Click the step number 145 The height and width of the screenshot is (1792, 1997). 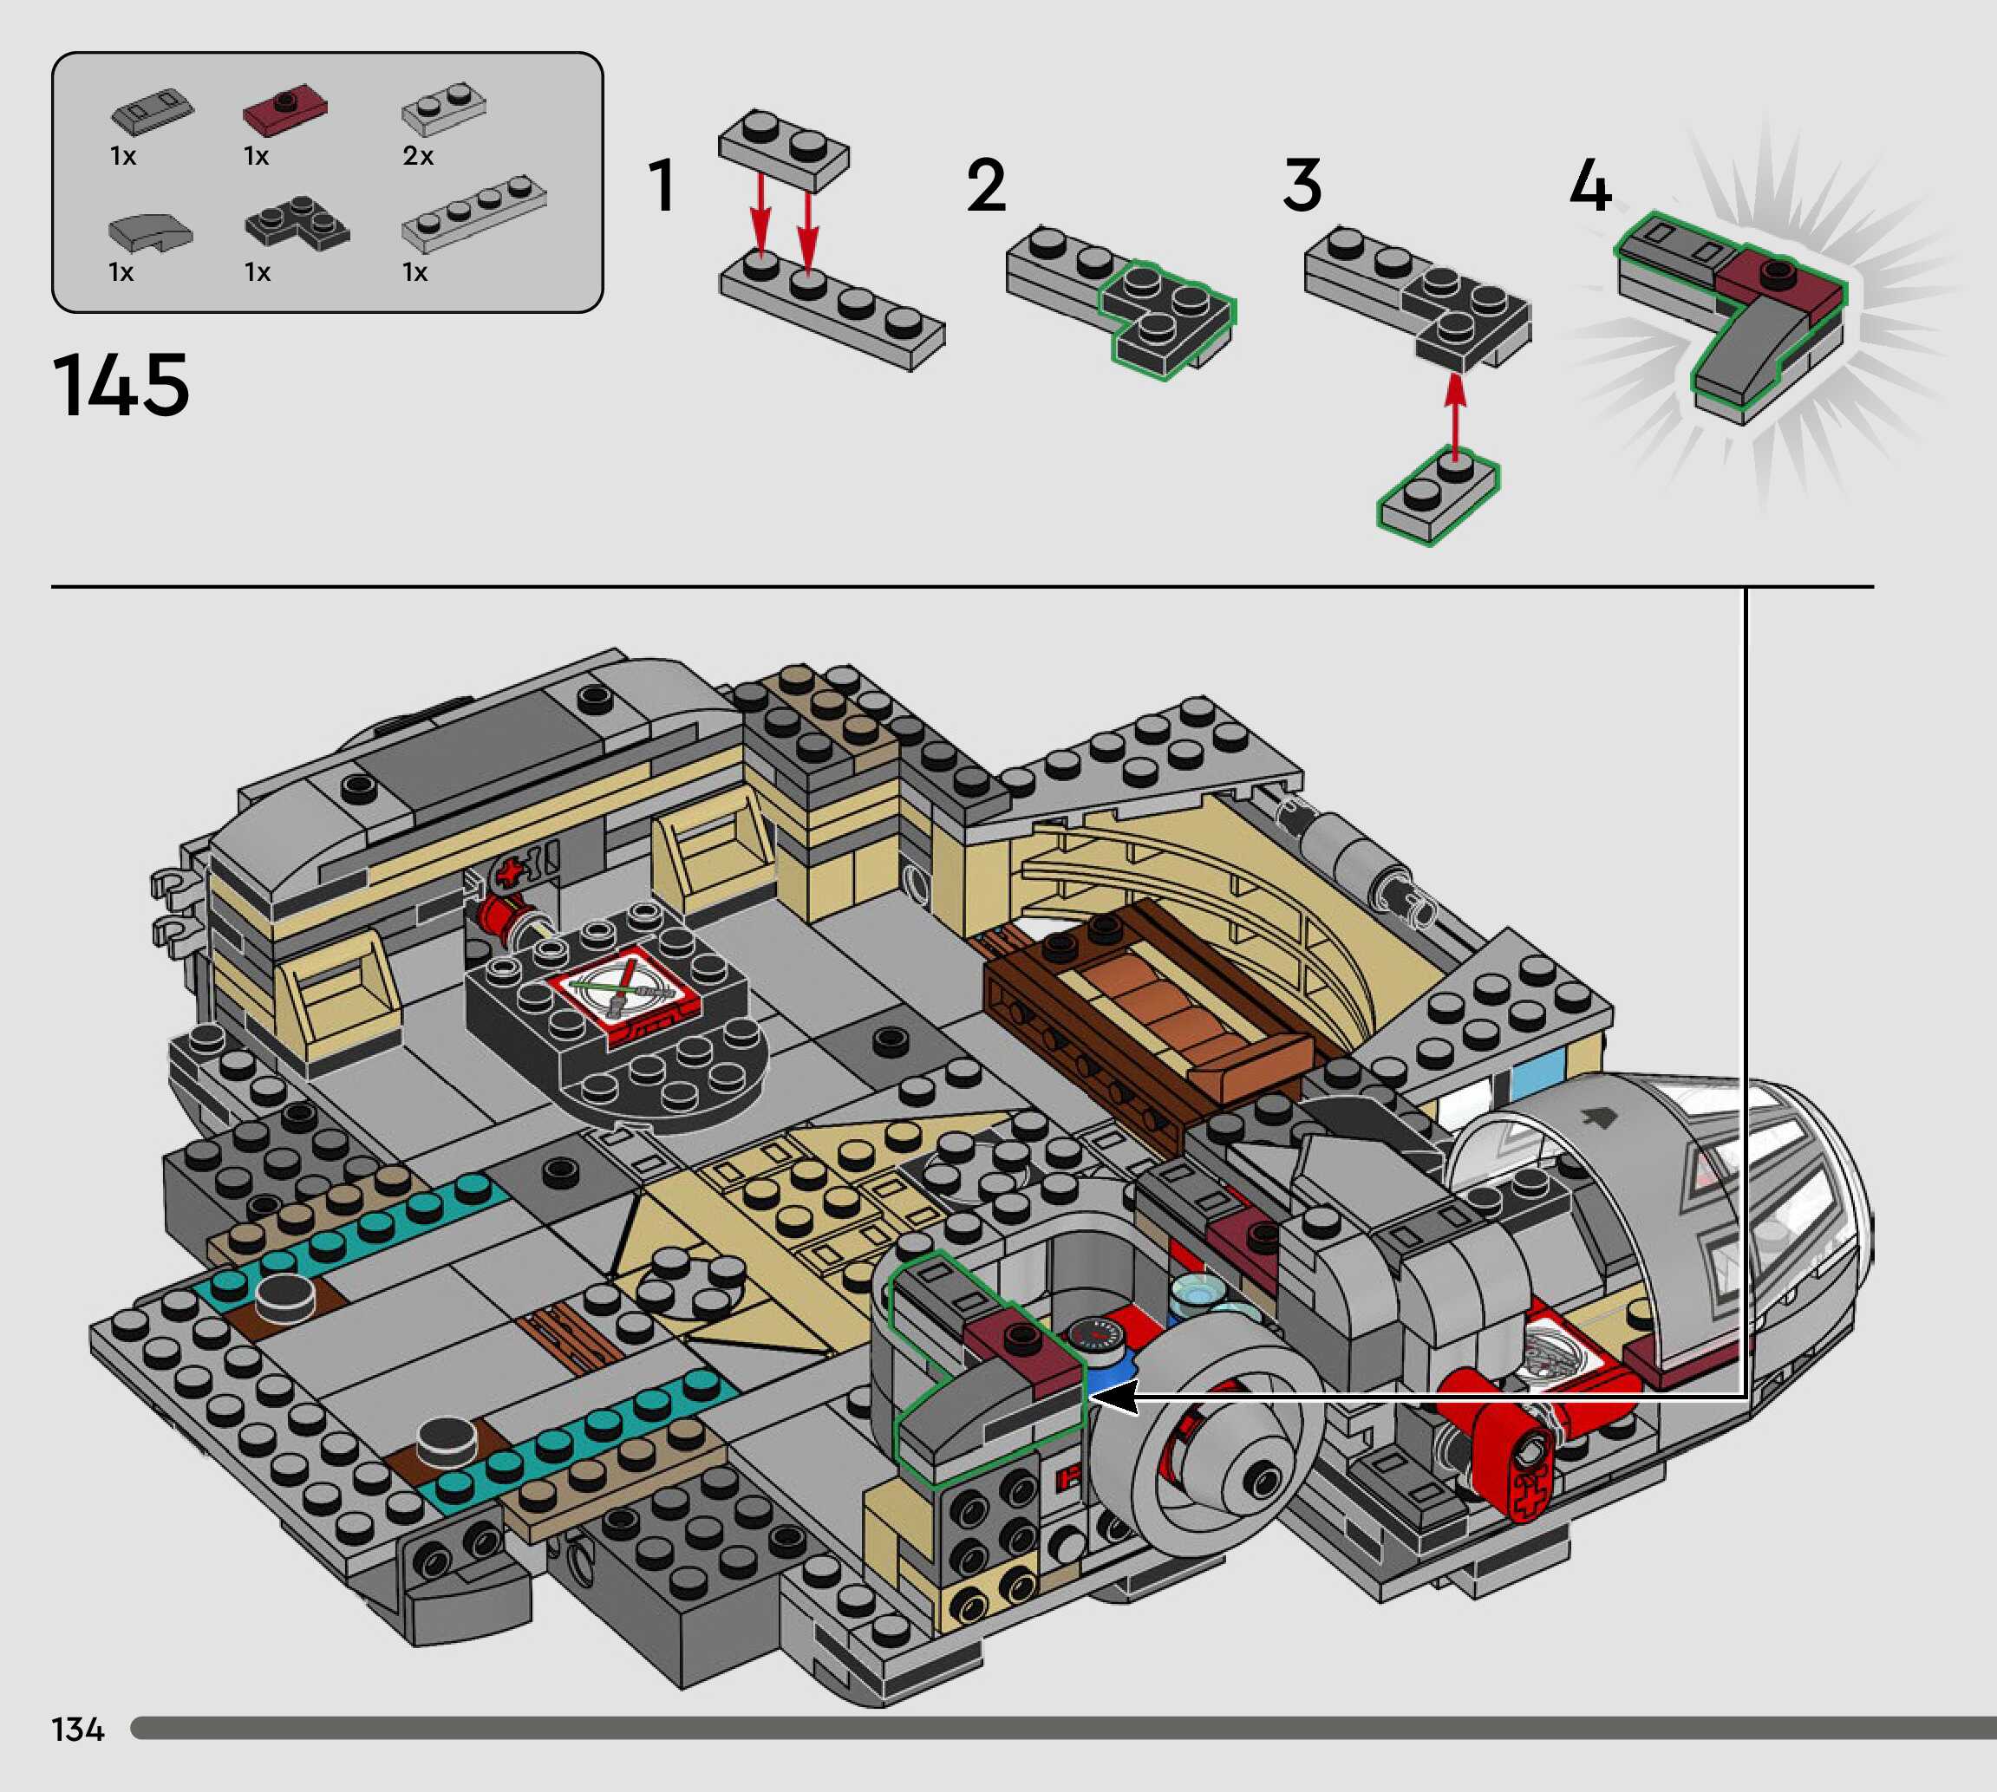click(121, 385)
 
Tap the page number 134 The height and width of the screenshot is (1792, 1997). click(78, 1729)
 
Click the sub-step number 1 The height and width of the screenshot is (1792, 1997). click(662, 186)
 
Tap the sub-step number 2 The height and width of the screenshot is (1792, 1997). click(986, 186)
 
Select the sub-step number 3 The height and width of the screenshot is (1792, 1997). click(1302, 186)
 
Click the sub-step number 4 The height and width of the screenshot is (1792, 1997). click(1589, 186)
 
